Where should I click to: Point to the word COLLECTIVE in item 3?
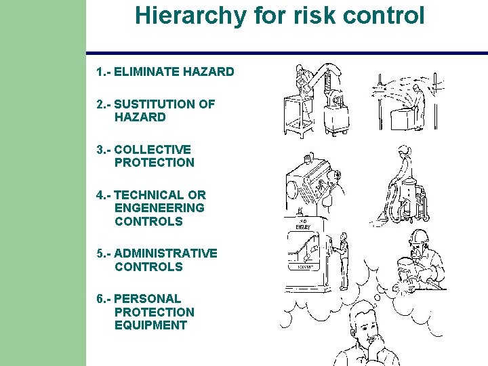[x=153, y=149]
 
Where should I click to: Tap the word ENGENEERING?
[x=159, y=208]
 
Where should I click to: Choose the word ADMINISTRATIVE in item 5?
[x=166, y=253]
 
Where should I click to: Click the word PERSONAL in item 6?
[x=148, y=299]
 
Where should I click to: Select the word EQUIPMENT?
[x=150, y=325]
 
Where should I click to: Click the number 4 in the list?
[x=100, y=195]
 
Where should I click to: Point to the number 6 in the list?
[x=100, y=299]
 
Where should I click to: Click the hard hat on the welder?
[x=419, y=237]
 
